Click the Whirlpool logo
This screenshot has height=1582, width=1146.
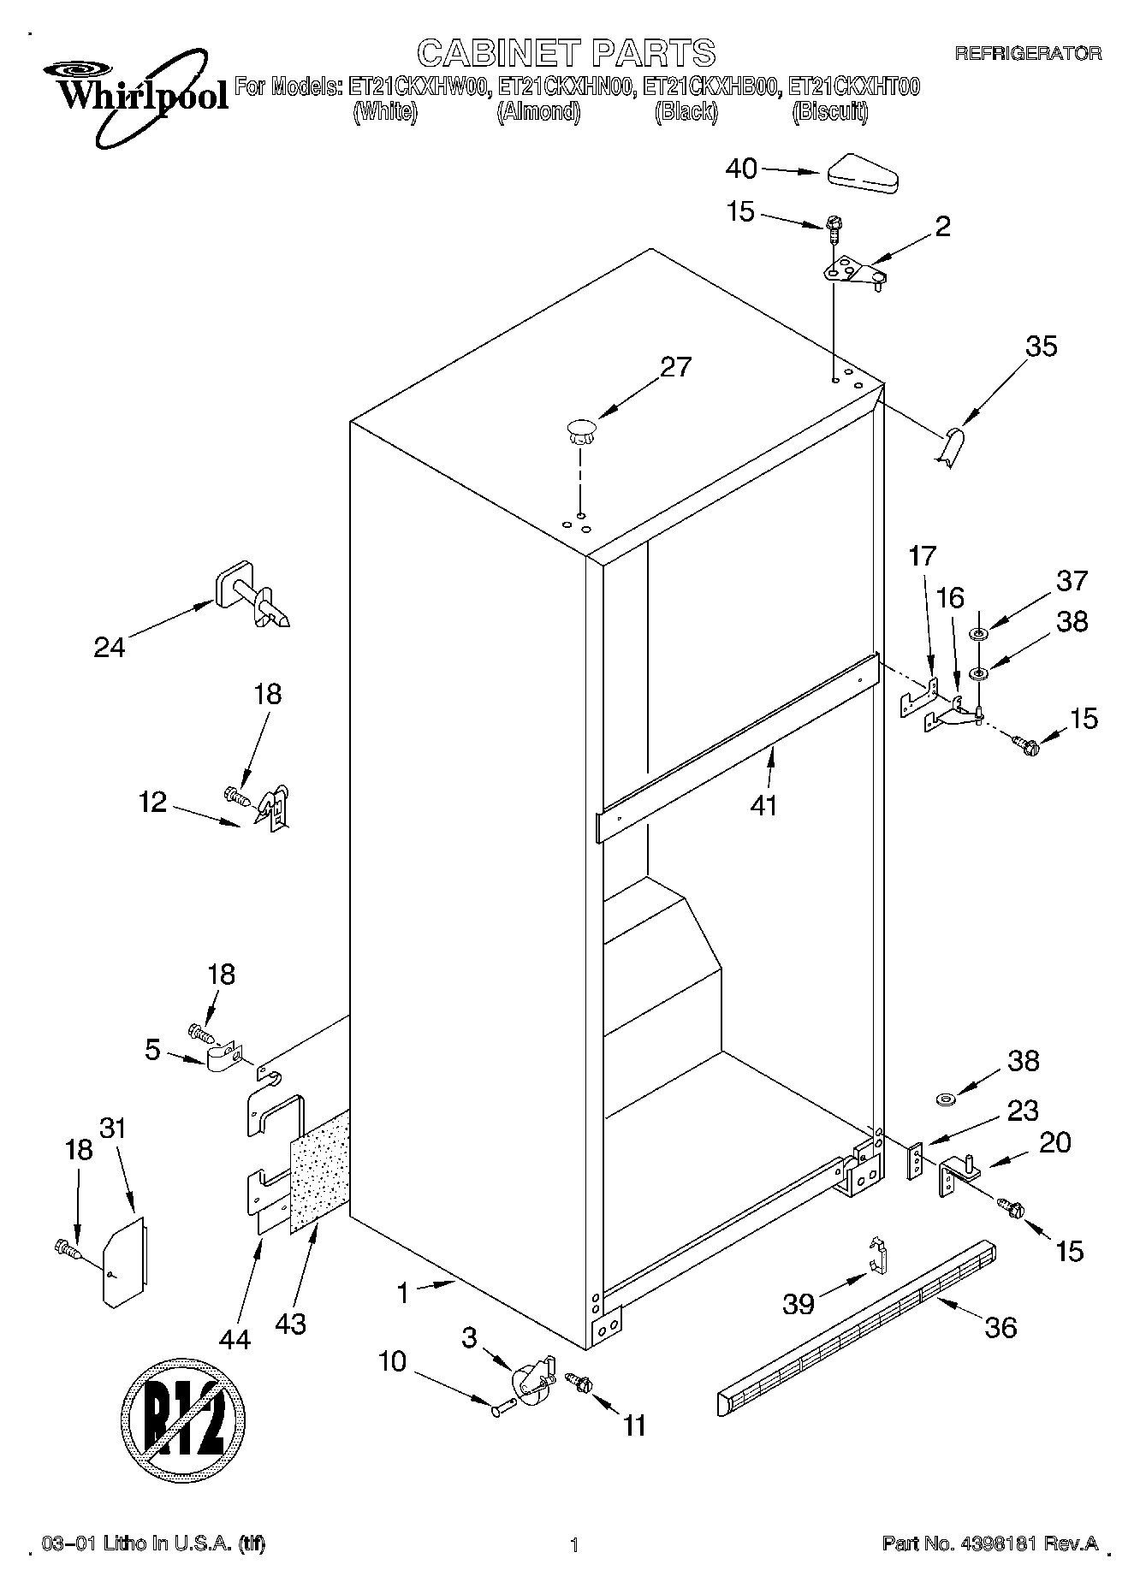[x=137, y=92]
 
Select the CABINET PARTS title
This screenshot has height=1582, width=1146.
[x=566, y=53]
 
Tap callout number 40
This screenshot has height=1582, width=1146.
[x=741, y=169]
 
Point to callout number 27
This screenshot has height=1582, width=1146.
[x=675, y=366]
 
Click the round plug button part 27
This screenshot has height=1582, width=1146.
[x=580, y=427]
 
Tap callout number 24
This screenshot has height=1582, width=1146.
[x=110, y=647]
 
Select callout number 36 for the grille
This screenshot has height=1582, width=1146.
[x=1001, y=1327]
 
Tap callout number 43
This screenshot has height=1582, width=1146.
[x=290, y=1324]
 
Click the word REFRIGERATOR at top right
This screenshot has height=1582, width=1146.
[x=1028, y=54]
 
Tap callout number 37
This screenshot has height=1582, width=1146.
[x=1071, y=581]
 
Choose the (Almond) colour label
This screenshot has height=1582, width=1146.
[x=538, y=112]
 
